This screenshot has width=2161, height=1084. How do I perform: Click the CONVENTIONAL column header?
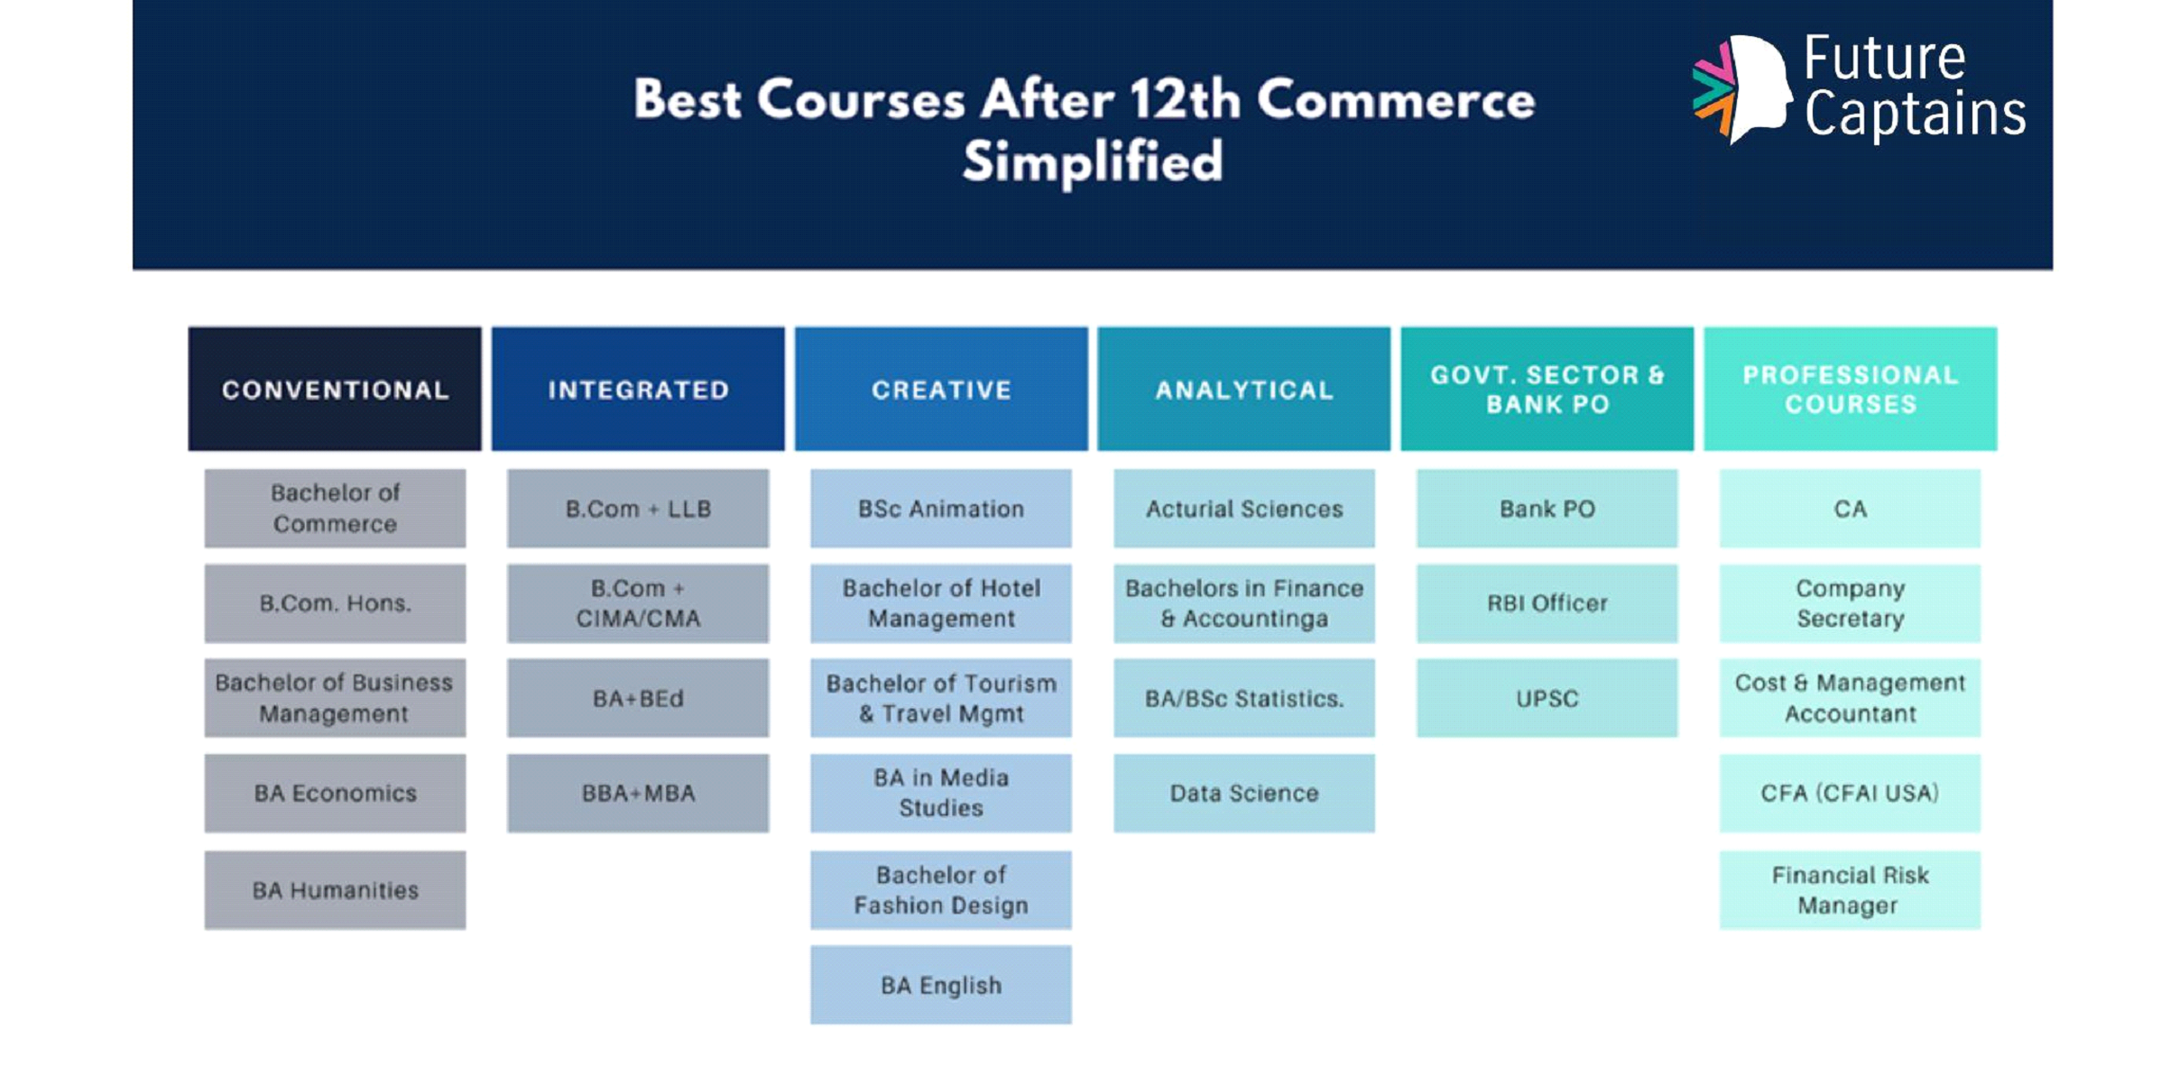click(x=335, y=389)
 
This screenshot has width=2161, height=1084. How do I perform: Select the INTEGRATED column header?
click(x=638, y=389)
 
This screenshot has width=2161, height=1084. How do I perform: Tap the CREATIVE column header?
click(x=941, y=389)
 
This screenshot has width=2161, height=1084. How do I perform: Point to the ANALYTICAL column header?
click(x=1244, y=389)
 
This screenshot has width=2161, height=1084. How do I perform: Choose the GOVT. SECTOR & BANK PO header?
click(x=1547, y=389)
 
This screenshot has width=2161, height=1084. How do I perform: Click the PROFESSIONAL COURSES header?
click(x=1851, y=389)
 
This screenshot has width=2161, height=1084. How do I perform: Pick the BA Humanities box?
click(x=335, y=890)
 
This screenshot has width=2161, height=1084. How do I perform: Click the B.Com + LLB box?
click(x=638, y=509)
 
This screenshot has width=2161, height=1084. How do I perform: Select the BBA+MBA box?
click(x=638, y=794)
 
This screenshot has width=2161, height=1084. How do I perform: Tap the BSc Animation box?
click(x=941, y=509)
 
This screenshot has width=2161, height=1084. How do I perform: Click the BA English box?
click(x=941, y=985)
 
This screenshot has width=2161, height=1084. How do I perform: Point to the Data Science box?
click(x=1244, y=794)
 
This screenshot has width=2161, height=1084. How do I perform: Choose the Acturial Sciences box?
click(x=1244, y=509)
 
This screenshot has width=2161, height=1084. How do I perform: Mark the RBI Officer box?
click(x=1547, y=603)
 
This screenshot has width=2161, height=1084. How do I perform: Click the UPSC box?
click(x=1547, y=698)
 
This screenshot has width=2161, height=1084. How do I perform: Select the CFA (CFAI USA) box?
click(x=1851, y=794)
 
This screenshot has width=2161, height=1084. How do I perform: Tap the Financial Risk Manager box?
click(x=1851, y=890)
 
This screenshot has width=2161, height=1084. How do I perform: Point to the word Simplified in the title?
click(x=1093, y=162)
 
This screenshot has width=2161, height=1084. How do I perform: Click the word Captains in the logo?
click(x=1915, y=115)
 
